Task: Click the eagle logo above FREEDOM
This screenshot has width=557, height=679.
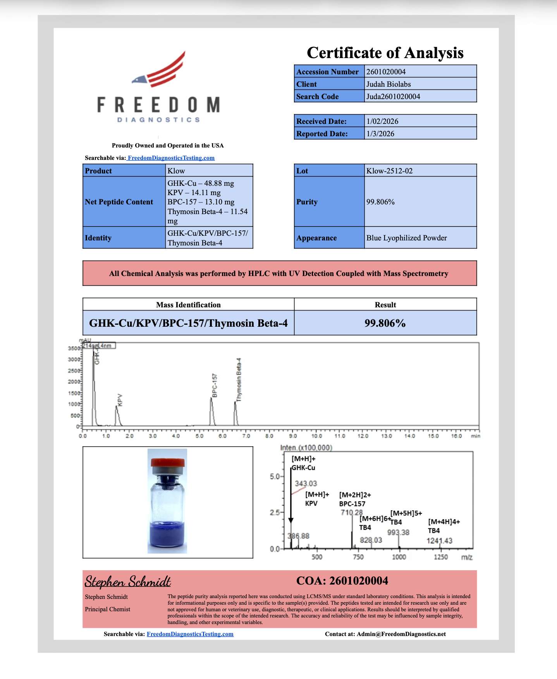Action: point(160,70)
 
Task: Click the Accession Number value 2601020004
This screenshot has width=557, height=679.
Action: point(386,72)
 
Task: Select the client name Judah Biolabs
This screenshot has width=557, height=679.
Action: point(389,84)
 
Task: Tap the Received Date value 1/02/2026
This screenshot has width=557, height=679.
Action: point(382,121)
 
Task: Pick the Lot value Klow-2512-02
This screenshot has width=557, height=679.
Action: point(389,171)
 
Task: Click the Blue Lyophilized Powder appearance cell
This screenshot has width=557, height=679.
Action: point(406,238)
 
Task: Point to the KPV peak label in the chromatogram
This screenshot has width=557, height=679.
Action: point(120,400)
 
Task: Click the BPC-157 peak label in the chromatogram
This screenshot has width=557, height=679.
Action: point(215,386)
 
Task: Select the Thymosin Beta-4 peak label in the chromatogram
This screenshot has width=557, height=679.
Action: point(239,379)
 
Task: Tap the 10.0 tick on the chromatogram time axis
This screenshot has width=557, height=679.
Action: point(316,436)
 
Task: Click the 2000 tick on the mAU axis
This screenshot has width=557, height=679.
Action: point(74,382)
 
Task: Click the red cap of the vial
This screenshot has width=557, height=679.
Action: point(168,462)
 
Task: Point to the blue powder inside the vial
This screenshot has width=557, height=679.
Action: point(167,536)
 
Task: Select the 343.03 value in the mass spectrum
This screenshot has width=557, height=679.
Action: point(306,484)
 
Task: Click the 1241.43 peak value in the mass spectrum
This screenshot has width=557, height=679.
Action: point(439,541)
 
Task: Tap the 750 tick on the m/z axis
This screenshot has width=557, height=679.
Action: point(358,557)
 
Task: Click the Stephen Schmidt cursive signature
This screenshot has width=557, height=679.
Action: point(128,581)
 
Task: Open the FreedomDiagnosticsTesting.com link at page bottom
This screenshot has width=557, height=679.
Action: point(190,634)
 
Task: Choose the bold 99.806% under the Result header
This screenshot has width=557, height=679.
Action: point(385,323)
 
